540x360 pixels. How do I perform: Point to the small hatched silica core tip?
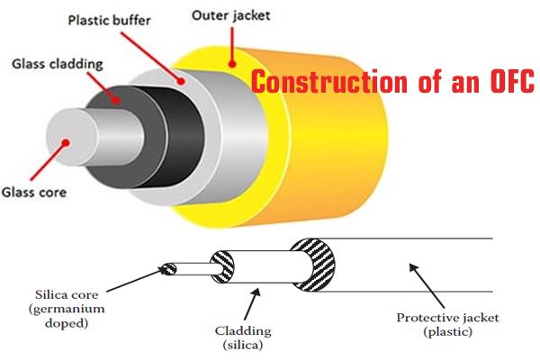[x=167, y=266]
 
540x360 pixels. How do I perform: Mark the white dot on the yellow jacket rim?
[x=231, y=62]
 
